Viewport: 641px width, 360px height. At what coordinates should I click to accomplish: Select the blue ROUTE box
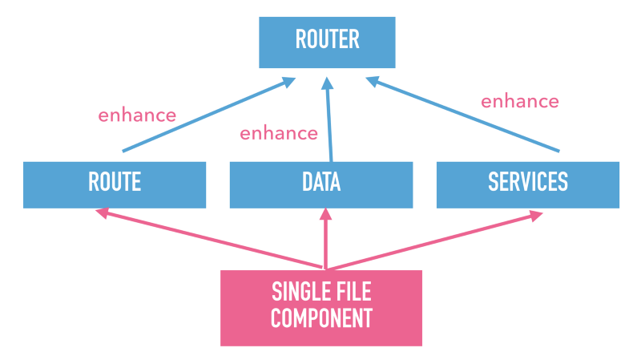pos(115,184)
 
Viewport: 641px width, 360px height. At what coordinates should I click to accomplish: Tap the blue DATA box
pos(321,184)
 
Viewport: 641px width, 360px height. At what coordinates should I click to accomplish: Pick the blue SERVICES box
pos(528,184)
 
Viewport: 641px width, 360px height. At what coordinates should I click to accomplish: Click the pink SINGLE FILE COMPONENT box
pos(321,307)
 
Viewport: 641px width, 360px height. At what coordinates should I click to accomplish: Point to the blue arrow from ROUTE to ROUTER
pos(207,115)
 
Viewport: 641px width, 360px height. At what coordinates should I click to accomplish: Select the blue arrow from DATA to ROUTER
pos(329,120)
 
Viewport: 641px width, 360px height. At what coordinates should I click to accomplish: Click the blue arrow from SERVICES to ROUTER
pos(465,114)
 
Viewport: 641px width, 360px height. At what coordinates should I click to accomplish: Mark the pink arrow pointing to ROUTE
pos(208,240)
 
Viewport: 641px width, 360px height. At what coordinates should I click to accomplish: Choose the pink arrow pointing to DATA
pos(325,241)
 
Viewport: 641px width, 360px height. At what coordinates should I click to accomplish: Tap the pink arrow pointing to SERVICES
pos(433,241)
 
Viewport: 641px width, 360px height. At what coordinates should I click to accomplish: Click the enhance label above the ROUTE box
pos(137,115)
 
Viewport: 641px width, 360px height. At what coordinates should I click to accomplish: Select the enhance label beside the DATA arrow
pos(279,133)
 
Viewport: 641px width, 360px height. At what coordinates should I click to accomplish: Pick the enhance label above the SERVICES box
pos(519,101)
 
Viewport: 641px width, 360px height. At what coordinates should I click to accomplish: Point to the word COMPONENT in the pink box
pos(321,319)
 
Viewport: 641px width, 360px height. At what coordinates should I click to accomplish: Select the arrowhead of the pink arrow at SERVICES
pos(534,215)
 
